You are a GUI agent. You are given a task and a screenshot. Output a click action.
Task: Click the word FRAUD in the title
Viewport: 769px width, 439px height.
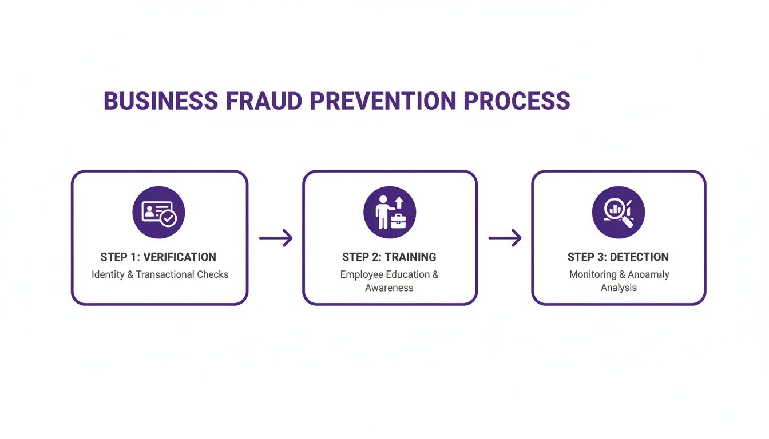pyautogui.click(x=264, y=101)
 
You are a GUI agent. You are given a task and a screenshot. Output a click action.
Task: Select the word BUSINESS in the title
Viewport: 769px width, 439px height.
pyautogui.click(x=161, y=101)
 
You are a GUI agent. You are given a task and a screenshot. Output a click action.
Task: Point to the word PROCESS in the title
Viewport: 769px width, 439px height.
pyautogui.click(x=517, y=101)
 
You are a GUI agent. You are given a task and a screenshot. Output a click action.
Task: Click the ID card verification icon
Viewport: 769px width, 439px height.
pyautogui.click(x=158, y=213)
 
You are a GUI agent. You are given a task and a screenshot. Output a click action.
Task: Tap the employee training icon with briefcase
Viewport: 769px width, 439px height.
pyautogui.click(x=390, y=213)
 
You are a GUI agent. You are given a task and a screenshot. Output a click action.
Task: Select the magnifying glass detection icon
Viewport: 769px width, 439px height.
pyautogui.click(x=619, y=213)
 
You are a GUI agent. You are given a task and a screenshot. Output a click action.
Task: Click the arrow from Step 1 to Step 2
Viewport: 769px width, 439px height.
pyautogui.click(x=276, y=238)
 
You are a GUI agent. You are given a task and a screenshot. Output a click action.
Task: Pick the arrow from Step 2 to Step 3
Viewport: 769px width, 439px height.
pyautogui.click(x=505, y=238)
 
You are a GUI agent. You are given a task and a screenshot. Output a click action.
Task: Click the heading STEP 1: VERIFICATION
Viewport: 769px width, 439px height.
pyautogui.click(x=158, y=257)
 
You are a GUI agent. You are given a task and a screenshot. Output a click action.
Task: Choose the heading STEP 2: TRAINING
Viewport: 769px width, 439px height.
pyautogui.click(x=389, y=257)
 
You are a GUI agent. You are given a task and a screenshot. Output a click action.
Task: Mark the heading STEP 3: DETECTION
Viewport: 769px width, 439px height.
pyautogui.click(x=618, y=257)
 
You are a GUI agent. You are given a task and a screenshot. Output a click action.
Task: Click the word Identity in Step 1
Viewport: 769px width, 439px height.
pyautogui.click(x=108, y=274)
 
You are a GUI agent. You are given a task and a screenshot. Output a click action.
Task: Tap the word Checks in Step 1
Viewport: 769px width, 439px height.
pyautogui.click(x=213, y=274)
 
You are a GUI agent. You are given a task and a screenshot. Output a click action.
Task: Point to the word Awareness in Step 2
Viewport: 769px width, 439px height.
pyautogui.click(x=389, y=288)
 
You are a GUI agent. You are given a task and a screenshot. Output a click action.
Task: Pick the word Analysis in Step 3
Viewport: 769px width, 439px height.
pyautogui.click(x=619, y=288)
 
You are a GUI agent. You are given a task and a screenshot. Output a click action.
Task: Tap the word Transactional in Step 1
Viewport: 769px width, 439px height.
pyautogui.click(x=165, y=274)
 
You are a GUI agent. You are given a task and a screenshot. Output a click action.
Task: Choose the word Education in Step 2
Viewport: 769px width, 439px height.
pyautogui.click(x=407, y=274)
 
